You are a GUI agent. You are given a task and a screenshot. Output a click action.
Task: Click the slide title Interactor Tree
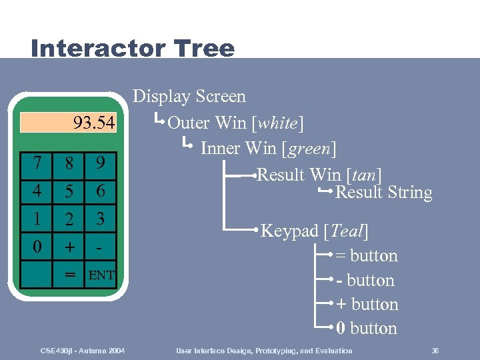point(133,48)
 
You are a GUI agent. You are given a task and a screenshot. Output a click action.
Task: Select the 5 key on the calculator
point(69,191)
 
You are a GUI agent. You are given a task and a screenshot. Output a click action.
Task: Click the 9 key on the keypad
point(100,163)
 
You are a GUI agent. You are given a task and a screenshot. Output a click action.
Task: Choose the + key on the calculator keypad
point(69,247)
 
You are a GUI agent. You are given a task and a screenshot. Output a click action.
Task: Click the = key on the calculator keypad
point(69,274)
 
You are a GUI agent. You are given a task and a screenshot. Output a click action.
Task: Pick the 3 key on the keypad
point(100,219)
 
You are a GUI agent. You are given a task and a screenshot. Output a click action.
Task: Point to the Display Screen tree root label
point(189,97)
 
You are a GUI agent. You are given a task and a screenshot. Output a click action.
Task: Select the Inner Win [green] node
point(268,147)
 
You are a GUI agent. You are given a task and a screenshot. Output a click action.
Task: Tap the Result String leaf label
point(383,193)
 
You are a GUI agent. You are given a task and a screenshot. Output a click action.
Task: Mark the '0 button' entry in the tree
point(367,329)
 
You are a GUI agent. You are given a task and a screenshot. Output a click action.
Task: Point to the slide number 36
point(435,351)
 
